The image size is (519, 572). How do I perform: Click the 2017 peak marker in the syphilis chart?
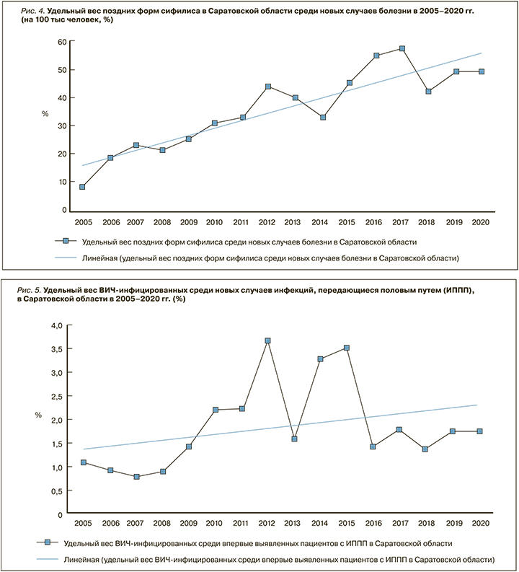tap(402, 48)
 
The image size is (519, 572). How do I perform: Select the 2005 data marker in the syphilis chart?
tap(82, 187)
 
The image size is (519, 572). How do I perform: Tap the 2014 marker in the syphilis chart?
tap(323, 117)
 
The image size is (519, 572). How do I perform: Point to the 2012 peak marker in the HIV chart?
tap(267, 340)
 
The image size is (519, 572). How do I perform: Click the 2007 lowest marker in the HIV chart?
tap(136, 477)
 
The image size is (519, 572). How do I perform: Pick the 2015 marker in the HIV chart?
tap(347, 348)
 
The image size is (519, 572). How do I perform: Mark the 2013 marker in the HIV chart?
tap(294, 439)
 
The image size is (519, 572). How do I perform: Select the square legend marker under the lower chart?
tap(48, 542)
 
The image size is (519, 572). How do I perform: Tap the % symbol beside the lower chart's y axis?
tap(39, 415)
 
